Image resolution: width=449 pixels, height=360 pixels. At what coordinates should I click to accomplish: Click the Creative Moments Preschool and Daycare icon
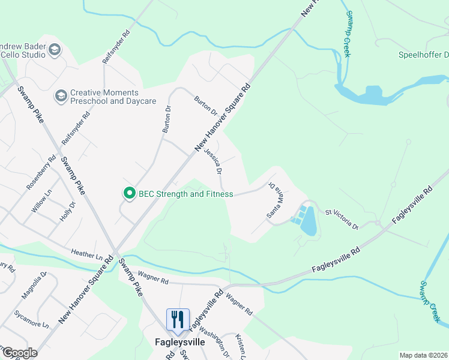(x=61, y=96)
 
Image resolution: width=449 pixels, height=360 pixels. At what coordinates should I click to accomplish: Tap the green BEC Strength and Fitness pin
(x=128, y=193)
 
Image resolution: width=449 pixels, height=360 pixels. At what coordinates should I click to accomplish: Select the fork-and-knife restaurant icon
(x=177, y=319)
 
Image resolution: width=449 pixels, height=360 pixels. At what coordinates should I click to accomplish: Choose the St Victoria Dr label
(x=342, y=220)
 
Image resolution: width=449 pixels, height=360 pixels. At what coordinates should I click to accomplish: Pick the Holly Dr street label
(x=67, y=212)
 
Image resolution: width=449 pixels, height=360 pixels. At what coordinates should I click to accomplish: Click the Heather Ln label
(x=87, y=254)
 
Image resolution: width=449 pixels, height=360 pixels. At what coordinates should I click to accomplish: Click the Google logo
(x=19, y=353)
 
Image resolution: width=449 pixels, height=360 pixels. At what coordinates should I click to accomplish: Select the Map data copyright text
(x=423, y=355)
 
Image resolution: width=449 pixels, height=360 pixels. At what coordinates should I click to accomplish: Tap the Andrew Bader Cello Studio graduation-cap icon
(x=55, y=49)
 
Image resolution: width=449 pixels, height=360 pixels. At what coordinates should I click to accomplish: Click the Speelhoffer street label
(x=424, y=56)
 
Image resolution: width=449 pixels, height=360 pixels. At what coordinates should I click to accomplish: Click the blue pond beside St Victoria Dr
(x=308, y=221)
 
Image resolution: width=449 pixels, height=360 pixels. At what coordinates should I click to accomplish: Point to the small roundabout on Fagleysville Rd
(x=378, y=223)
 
